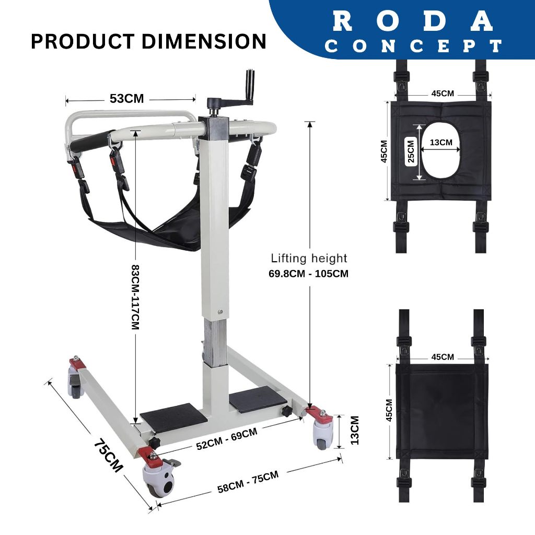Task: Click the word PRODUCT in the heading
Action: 83,41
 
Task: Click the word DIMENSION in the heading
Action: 204,41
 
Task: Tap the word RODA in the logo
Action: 413,21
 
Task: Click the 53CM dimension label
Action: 127,99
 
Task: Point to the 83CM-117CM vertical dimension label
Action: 135,297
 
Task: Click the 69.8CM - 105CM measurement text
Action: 309,274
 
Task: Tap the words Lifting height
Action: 309,258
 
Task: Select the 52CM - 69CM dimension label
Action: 227,439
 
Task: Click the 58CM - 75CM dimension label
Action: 248,481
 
